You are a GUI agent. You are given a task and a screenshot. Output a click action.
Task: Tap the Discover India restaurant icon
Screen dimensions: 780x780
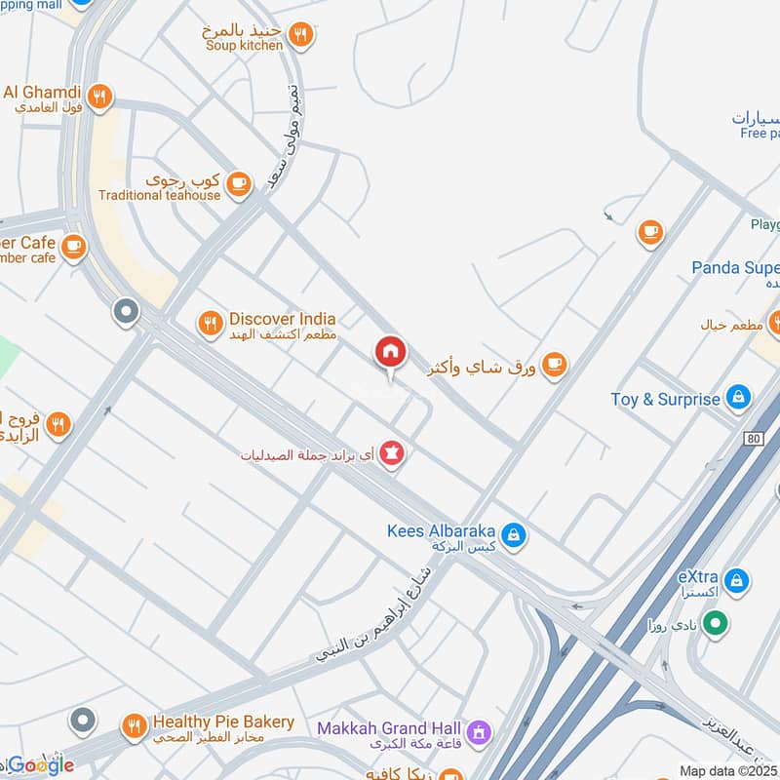pyautogui.click(x=210, y=324)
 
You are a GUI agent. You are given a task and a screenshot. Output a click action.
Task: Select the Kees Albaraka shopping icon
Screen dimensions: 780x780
pyautogui.click(x=515, y=533)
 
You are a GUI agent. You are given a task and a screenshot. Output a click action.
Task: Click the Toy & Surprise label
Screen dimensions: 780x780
pyautogui.click(x=666, y=399)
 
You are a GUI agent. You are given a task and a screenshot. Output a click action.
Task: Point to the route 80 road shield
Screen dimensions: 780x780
pyautogui.click(x=753, y=440)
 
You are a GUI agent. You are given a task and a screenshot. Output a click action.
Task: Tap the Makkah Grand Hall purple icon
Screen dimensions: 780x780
pyautogui.click(x=478, y=729)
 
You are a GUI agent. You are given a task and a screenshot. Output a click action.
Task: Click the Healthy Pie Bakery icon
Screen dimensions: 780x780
pyautogui.click(x=134, y=724)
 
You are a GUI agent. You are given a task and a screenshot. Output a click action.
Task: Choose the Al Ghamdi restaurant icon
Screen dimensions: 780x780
pyautogui.click(x=98, y=97)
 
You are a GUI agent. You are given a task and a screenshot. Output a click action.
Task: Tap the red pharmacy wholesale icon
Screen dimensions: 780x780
pyautogui.click(x=392, y=453)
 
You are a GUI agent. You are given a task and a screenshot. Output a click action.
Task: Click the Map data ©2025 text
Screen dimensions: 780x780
pyautogui.click(x=729, y=770)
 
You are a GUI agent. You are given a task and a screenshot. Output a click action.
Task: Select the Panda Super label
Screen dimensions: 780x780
pyautogui.click(x=735, y=267)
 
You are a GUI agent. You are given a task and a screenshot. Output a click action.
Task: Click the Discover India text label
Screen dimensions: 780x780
pyautogui.click(x=282, y=319)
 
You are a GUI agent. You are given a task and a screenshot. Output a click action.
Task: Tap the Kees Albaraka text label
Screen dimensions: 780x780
pyautogui.click(x=441, y=532)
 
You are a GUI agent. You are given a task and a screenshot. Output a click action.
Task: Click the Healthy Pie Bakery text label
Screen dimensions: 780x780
pyautogui.click(x=222, y=721)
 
